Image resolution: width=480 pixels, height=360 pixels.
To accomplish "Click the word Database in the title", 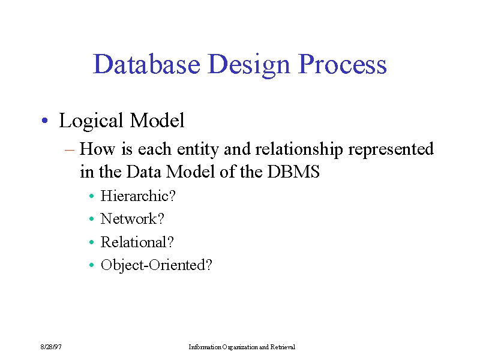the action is (x=146, y=64).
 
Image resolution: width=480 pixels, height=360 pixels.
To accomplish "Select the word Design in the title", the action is (x=248, y=66).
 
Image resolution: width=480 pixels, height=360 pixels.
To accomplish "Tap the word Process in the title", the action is (x=342, y=64).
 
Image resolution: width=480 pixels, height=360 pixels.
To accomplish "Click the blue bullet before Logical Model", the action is (x=44, y=121).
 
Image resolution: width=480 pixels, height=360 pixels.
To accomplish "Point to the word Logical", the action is (x=91, y=121).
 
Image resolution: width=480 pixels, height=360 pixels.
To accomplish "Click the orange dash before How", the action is (x=70, y=150).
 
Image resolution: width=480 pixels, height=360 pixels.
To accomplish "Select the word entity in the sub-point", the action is (x=198, y=150).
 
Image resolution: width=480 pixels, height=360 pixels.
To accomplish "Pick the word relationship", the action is (x=299, y=150).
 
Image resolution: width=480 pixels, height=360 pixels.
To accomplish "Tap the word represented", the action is (x=391, y=150).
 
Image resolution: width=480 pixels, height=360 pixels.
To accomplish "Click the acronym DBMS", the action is (x=293, y=172).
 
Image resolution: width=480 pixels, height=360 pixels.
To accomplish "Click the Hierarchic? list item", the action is (x=138, y=196).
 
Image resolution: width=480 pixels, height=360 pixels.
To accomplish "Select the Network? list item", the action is (x=132, y=219).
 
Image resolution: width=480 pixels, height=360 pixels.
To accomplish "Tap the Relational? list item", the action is (x=137, y=242).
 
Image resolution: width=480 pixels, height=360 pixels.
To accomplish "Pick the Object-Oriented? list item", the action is (x=157, y=265).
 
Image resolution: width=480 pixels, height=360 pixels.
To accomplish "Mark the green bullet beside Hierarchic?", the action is (x=92, y=196).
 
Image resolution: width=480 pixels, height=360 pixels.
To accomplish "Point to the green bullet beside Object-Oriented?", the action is (x=92, y=265).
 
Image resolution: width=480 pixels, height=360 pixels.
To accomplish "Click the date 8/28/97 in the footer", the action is (x=51, y=347).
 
